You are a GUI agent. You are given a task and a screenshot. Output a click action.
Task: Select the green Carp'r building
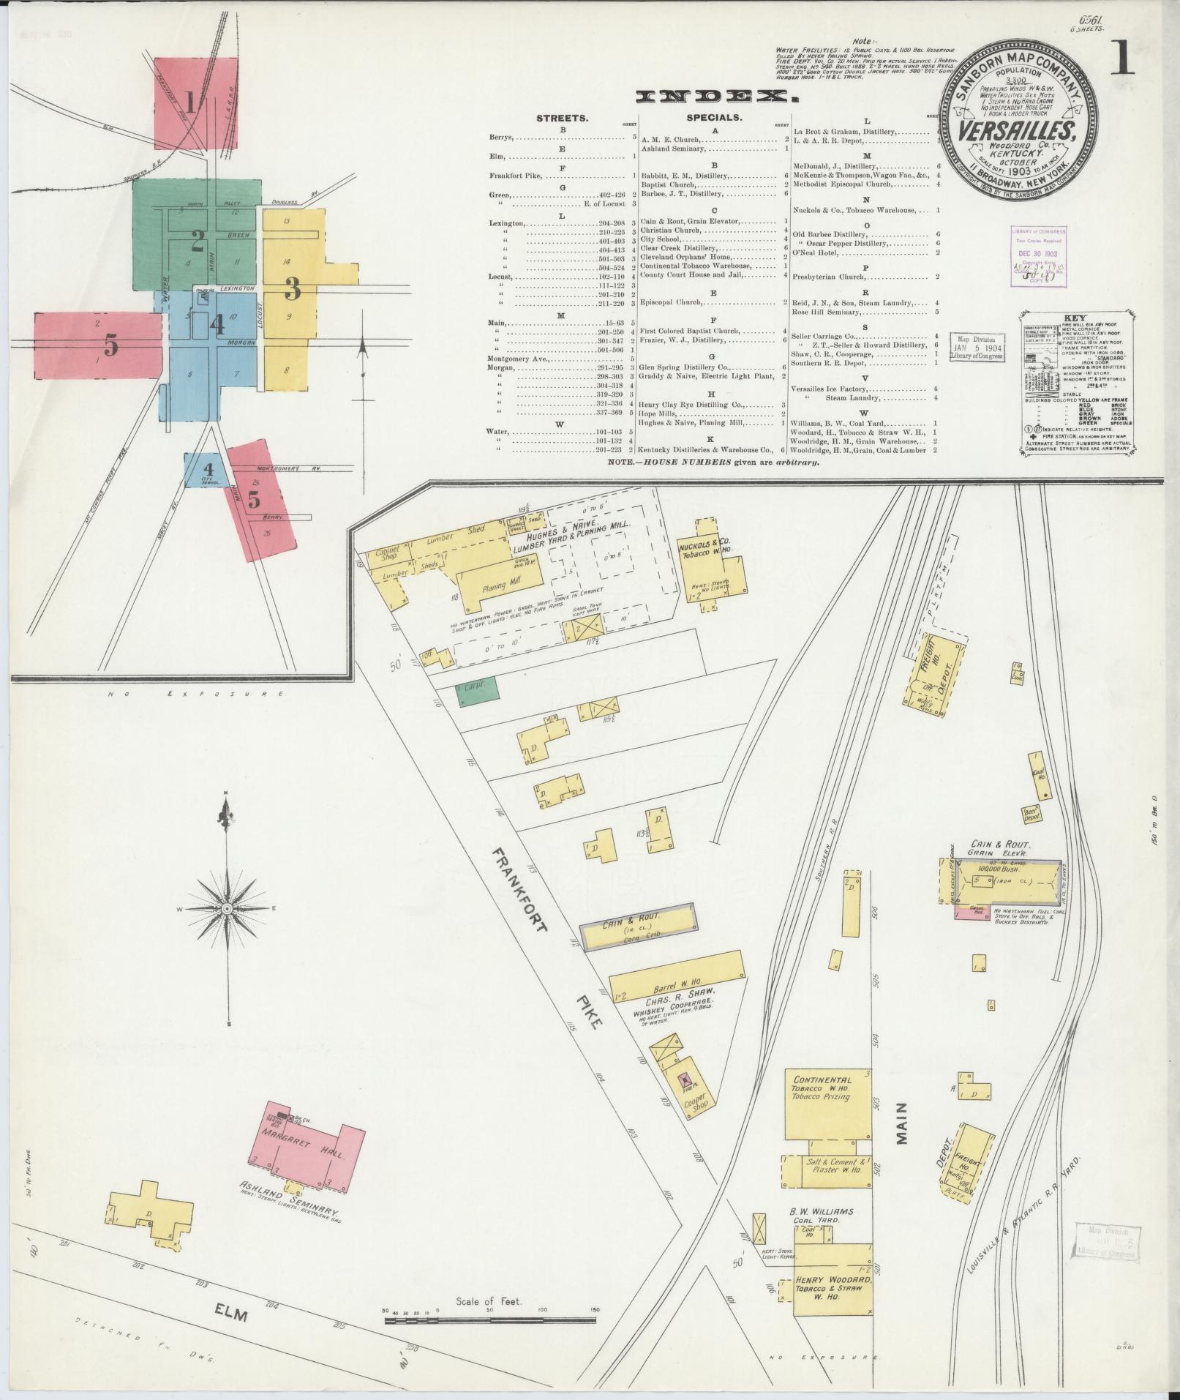coord(478,692)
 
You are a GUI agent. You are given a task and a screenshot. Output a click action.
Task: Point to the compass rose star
coord(228,908)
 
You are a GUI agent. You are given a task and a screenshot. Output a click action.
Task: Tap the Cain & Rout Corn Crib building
coord(636,927)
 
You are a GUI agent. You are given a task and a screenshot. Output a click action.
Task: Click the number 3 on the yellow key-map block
coord(293,290)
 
